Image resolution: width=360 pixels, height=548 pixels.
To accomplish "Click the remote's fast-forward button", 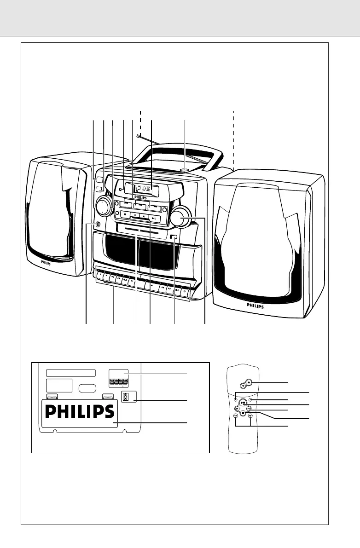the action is (250, 415).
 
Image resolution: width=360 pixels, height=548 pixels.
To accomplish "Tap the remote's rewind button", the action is (235, 415).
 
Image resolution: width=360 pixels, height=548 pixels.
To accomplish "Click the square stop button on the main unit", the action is (124, 214).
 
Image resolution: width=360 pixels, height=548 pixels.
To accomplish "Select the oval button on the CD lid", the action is (185, 169).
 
